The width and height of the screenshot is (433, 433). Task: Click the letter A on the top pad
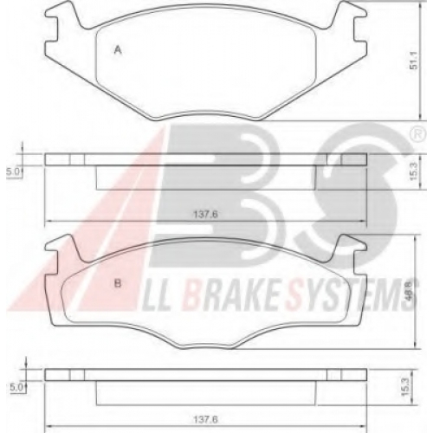(118, 50)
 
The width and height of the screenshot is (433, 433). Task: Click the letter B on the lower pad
(118, 283)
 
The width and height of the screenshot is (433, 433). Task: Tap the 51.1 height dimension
(415, 62)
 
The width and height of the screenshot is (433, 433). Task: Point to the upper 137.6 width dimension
(205, 214)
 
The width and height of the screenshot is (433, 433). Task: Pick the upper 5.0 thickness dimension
(13, 172)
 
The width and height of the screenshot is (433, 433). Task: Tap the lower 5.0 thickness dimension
(16, 387)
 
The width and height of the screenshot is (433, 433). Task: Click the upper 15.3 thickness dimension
(413, 172)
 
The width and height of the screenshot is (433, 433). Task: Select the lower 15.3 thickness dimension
(406, 387)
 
